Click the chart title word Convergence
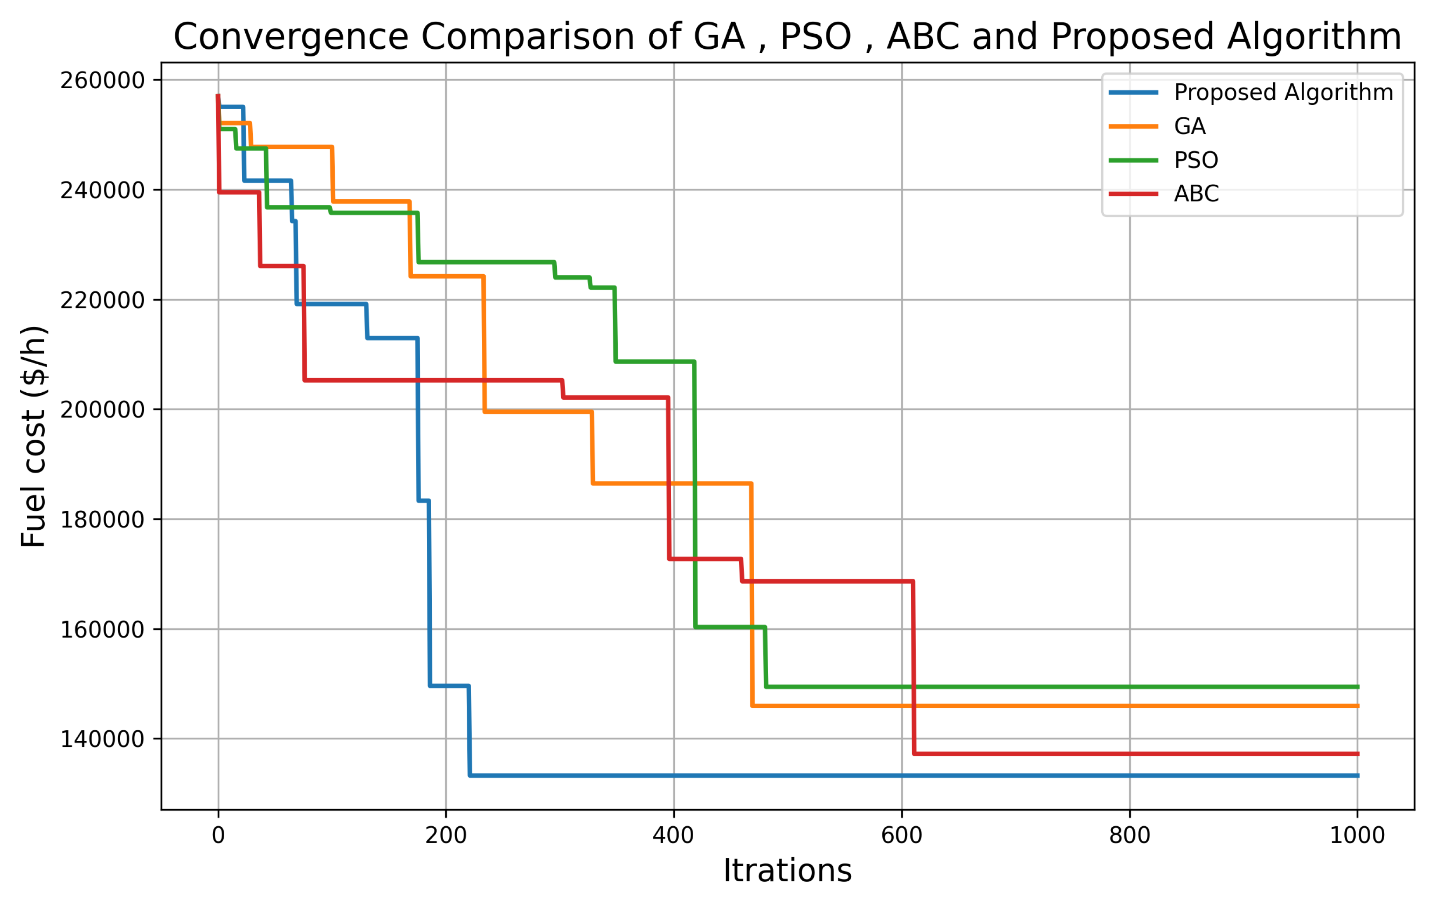pos(291,37)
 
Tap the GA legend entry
pos(1190,126)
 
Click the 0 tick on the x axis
pos(218,836)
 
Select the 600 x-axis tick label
pos(902,836)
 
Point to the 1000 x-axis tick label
pos(1357,836)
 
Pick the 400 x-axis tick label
pos(673,836)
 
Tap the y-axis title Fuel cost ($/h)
pos(33,437)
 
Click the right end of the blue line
pos(1358,776)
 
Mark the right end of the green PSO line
pos(1358,687)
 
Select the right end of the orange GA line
pos(1358,706)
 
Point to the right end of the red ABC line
pos(1358,754)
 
